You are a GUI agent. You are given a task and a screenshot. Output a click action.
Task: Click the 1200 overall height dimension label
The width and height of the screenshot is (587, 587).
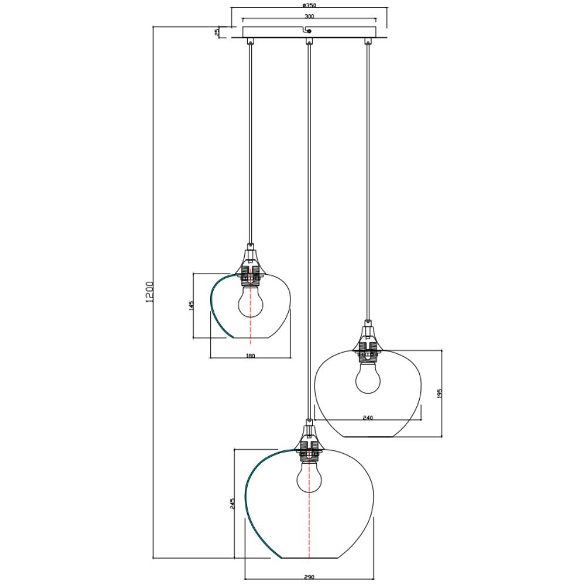pyautogui.click(x=149, y=292)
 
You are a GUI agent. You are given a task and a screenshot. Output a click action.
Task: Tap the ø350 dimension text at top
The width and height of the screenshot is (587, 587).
pyautogui.click(x=309, y=6)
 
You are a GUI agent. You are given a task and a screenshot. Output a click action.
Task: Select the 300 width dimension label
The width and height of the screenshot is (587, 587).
pyautogui.click(x=309, y=16)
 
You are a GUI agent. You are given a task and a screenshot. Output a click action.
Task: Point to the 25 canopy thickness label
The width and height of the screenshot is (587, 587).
pyautogui.click(x=217, y=32)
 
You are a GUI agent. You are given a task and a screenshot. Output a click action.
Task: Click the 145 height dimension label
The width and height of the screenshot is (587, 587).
pyautogui.click(x=191, y=305)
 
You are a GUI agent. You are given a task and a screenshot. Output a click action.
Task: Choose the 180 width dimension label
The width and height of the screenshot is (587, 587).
pyautogui.click(x=251, y=356)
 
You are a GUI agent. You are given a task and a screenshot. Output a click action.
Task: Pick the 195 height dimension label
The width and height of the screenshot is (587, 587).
pyautogui.click(x=440, y=393)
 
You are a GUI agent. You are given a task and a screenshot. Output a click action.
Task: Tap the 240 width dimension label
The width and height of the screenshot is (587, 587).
pyautogui.click(x=368, y=418)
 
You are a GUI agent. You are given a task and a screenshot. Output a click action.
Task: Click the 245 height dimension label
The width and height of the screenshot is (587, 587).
pyautogui.click(x=232, y=504)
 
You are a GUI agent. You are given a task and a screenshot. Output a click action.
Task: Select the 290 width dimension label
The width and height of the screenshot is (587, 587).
pyautogui.click(x=309, y=577)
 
